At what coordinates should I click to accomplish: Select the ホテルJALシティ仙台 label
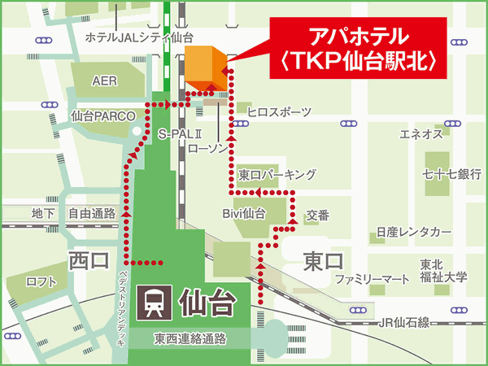(139, 37)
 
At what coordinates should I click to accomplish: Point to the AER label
(104, 81)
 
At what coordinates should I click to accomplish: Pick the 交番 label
(317, 216)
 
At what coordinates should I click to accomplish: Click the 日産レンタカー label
(412, 233)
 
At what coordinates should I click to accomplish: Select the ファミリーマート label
(373, 279)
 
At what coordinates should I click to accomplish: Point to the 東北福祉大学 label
(443, 271)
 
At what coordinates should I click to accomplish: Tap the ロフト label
(41, 282)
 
